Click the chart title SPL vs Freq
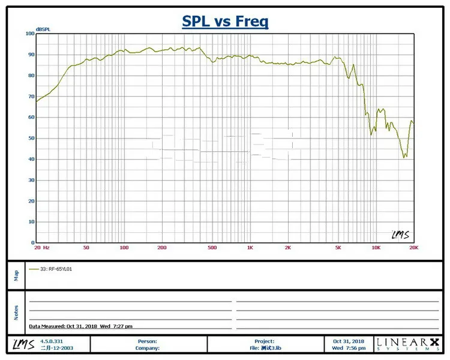coord(225,22)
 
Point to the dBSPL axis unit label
coord(43,29)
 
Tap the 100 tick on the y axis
coord(29,34)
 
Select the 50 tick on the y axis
coord(31,138)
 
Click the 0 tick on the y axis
coord(32,242)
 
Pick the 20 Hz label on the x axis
coord(41,247)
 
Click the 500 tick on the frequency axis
coord(212,247)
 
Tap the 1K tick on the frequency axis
coord(250,247)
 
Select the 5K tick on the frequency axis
coord(338,247)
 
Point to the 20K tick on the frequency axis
coord(413,247)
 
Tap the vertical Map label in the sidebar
coord(16,275)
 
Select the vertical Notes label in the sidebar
coord(16,312)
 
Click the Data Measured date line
coord(81,326)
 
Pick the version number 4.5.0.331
coord(51,341)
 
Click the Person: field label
coord(148,341)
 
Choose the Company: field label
coord(147,347)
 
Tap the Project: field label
coord(264,341)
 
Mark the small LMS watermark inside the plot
coord(399,235)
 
